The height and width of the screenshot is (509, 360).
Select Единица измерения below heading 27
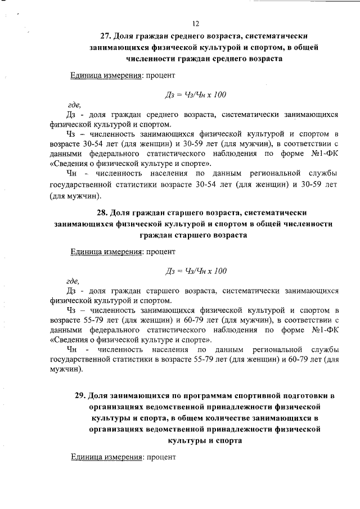coord(105,75)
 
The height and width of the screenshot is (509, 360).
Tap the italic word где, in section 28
coord(73,281)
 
